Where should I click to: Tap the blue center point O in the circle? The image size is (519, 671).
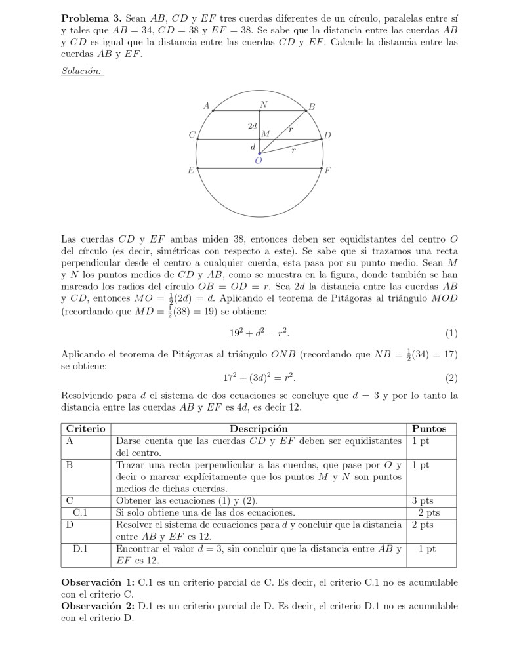(x=259, y=153)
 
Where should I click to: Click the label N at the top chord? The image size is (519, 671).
(x=263, y=104)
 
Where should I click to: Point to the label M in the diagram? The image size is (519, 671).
(x=265, y=134)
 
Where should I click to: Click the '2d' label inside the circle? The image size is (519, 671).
(x=252, y=125)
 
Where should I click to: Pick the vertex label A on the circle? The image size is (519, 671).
(x=207, y=105)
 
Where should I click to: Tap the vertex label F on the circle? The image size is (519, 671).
(x=328, y=170)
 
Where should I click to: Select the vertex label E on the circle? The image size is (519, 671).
(x=190, y=170)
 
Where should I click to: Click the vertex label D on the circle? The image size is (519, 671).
(x=327, y=136)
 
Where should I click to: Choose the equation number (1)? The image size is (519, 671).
(x=451, y=333)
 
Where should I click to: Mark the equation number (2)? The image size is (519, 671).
(x=451, y=378)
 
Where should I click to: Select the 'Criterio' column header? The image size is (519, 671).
(x=85, y=429)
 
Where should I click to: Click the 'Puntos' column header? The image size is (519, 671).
(x=429, y=429)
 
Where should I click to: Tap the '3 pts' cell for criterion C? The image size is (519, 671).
(x=423, y=500)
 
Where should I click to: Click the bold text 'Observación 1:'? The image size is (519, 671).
(x=98, y=582)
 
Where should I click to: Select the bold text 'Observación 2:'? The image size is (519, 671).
(x=98, y=606)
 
